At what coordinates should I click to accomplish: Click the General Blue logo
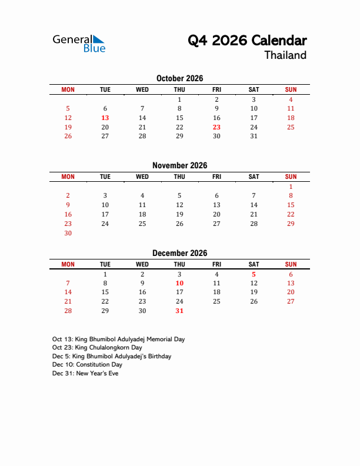(79, 43)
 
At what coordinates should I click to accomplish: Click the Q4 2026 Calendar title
(247, 41)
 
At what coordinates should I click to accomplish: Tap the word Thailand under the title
(285, 55)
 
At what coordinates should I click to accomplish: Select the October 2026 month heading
(179, 78)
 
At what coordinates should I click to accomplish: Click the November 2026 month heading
(179, 165)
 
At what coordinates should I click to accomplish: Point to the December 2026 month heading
(179, 253)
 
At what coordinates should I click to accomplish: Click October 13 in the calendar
(105, 118)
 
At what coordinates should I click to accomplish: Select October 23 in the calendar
(216, 127)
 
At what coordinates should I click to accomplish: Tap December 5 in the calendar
(254, 274)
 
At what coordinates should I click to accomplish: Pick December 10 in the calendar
(179, 283)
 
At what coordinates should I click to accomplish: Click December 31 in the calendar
(179, 311)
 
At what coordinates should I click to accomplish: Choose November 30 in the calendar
(68, 233)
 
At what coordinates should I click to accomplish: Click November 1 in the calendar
(291, 187)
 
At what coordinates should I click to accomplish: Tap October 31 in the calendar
(254, 136)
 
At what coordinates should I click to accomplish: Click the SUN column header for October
(291, 89)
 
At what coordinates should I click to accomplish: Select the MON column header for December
(68, 264)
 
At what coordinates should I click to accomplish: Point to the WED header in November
(142, 177)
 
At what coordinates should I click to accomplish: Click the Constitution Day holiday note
(87, 365)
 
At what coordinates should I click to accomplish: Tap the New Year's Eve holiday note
(85, 373)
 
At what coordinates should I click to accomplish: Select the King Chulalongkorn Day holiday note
(98, 348)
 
